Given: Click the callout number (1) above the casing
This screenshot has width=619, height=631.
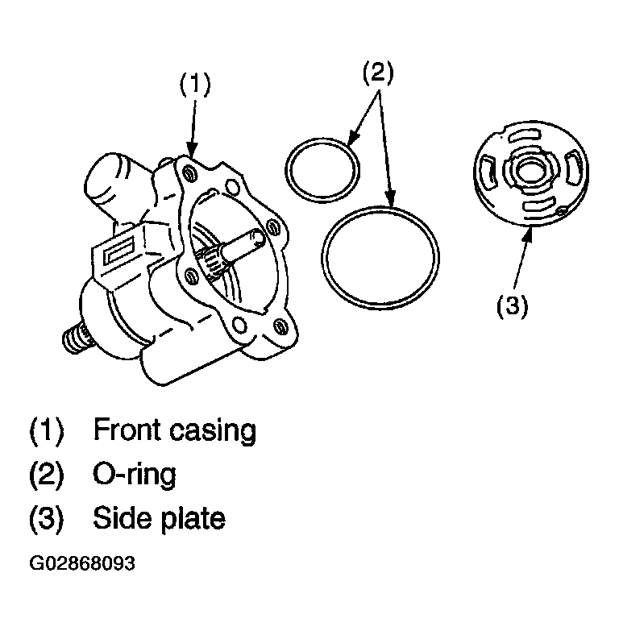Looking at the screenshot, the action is [195, 84].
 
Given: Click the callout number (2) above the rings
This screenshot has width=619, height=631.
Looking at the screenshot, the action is [378, 73].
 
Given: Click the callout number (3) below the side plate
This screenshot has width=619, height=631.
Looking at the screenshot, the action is [513, 306].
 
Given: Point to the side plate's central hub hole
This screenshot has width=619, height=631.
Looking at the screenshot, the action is [530, 171].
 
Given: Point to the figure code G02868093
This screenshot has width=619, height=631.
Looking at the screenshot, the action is [82, 564].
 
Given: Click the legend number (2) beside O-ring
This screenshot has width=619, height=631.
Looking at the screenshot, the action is [46, 474].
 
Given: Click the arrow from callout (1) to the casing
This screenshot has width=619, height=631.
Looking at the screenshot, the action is [193, 128].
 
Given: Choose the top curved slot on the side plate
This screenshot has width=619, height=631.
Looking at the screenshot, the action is [524, 136].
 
